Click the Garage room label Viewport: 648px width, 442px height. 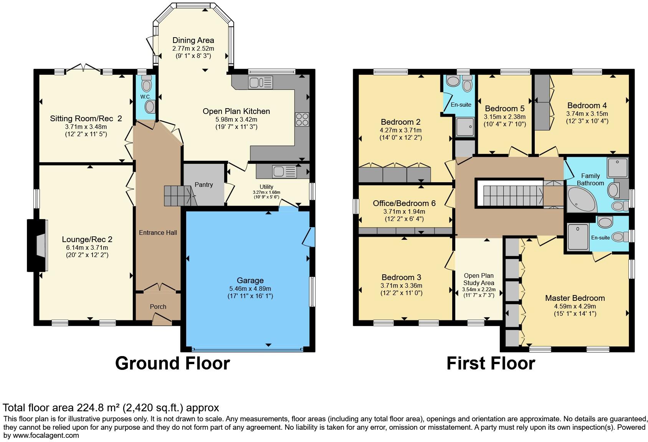point(250,280)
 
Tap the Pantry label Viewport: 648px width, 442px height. point(203,185)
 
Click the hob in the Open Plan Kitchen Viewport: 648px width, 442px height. point(302,119)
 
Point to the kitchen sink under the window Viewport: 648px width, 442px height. point(260,82)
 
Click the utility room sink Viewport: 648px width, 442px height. point(284,172)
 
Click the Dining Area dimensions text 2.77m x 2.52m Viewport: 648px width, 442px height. point(193,49)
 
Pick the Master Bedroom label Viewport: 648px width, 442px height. point(575,298)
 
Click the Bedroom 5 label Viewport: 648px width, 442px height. point(504,109)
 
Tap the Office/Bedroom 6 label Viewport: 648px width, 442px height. point(404,203)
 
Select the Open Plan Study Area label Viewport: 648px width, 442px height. point(479,279)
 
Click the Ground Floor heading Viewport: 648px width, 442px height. point(172,363)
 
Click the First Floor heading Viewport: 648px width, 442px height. point(491,363)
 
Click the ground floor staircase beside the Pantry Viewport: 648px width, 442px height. point(177,195)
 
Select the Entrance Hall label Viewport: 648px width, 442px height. point(158,233)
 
